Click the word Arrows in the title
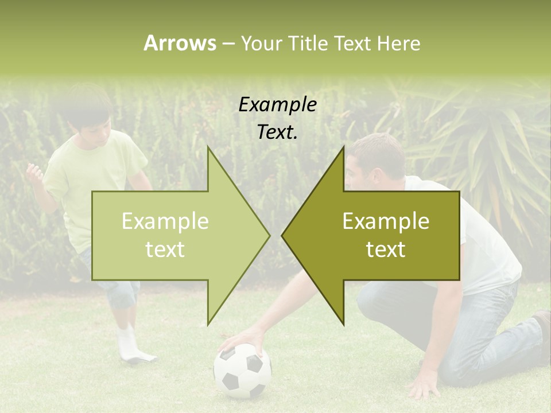point(180,43)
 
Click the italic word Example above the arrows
point(277,105)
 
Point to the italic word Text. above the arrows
point(277,133)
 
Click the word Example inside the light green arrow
point(165,221)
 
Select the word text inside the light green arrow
point(165,250)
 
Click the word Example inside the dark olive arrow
point(386,221)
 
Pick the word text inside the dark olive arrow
point(386,250)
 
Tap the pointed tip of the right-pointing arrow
point(269,235)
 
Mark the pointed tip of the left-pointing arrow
point(282,235)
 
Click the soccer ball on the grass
point(242,371)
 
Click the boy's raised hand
point(35,172)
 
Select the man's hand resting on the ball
point(244,342)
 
